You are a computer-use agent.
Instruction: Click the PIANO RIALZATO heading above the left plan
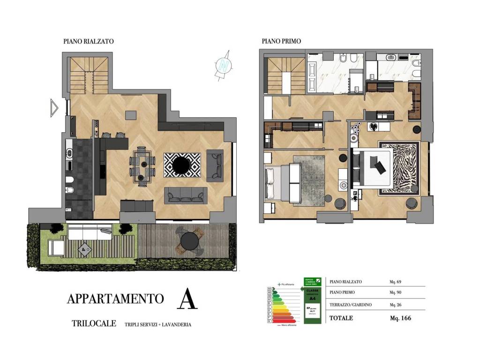(x=89, y=41)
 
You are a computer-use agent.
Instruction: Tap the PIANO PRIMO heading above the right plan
(x=281, y=41)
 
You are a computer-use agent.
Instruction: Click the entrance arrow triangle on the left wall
(x=54, y=107)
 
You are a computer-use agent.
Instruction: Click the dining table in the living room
(x=142, y=164)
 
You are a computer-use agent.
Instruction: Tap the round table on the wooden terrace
(x=189, y=241)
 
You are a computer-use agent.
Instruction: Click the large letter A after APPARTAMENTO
(x=187, y=300)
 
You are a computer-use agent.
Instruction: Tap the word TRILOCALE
(x=94, y=324)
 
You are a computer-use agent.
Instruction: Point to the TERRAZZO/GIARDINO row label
(x=351, y=305)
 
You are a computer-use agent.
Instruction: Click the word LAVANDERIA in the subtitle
(x=176, y=324)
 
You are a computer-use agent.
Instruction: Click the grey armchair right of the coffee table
(x=215, y=164)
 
